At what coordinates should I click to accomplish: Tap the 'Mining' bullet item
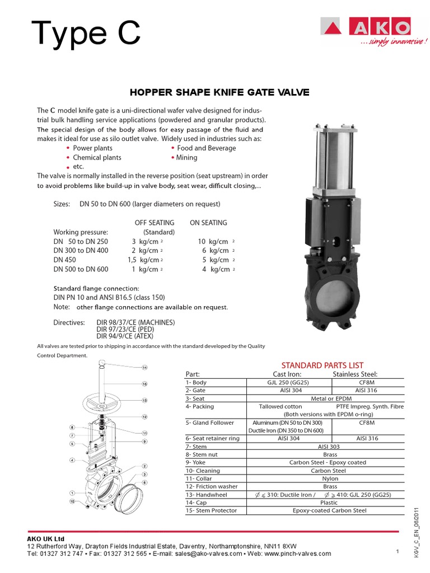[x=187, y=158]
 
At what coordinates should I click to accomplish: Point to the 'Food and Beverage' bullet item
[x=206, y=148]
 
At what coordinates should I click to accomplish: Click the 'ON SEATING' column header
[x=208, y=223]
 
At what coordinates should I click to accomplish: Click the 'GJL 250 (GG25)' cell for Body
[x=289, y=383]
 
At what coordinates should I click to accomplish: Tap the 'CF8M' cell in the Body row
[x=366, y=383]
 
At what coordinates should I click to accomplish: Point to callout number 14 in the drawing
[x=144, y=368]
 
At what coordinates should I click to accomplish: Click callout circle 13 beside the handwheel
[x=144, y=401]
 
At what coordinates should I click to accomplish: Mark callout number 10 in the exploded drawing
[x=72, y=501]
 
